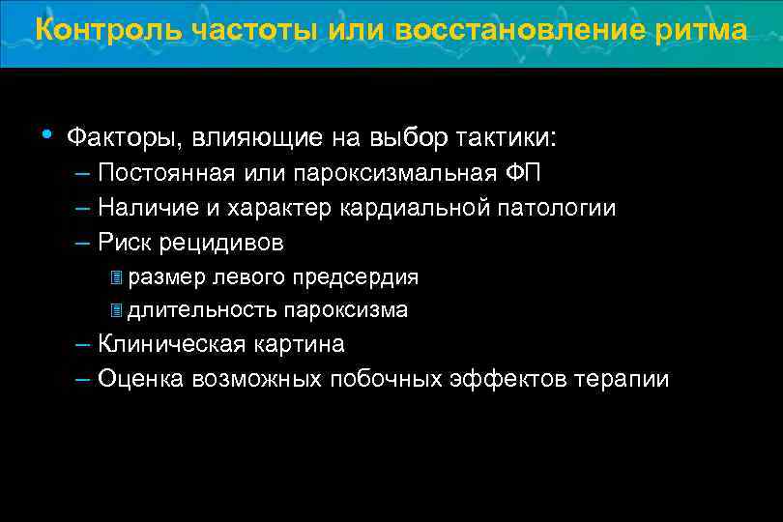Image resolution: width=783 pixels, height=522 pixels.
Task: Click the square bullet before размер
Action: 116,278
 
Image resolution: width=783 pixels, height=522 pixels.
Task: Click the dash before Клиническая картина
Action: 80,344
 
